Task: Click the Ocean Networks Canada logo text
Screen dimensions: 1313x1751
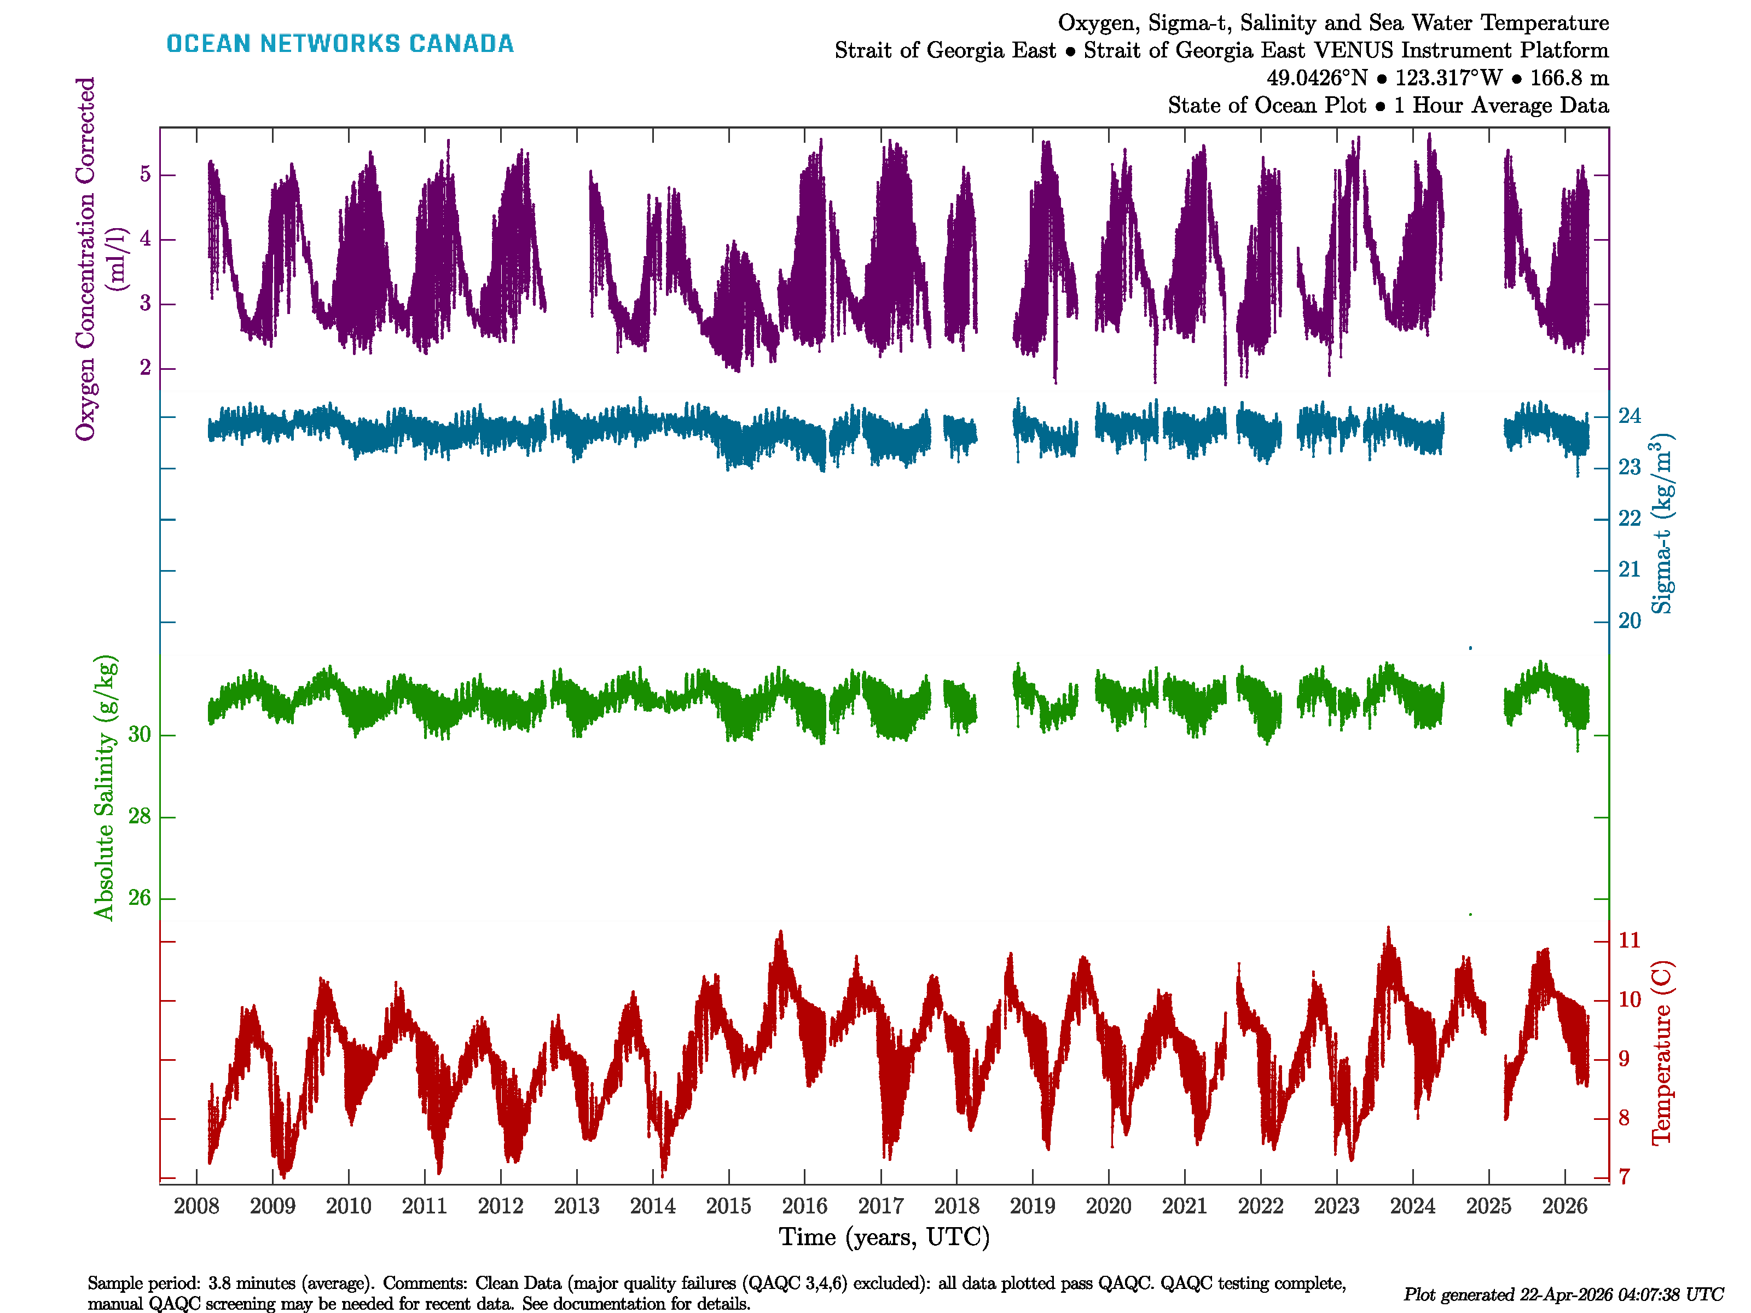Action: pos(340,44)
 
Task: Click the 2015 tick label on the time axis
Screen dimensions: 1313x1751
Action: pos(728,1206)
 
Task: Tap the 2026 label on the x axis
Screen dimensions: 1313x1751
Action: pos(1564,1206)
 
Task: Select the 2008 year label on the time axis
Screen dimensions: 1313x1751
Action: pos(196,1206)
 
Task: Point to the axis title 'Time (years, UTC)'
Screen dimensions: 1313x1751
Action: pos(884,1237)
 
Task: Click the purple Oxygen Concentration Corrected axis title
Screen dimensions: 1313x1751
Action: pos(85,259)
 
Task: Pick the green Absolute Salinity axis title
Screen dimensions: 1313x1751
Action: pos(105,787)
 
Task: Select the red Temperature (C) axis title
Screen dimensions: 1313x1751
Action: pos(1661,1053)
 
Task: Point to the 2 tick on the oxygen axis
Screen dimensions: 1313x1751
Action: pos(145,368)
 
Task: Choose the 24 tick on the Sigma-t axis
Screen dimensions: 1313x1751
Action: pos(1629,415)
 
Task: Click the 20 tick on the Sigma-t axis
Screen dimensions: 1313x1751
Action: pos(1629,620)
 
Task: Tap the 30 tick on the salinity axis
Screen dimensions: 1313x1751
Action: pos(140,734)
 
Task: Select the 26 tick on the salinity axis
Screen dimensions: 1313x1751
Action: pos(140,898)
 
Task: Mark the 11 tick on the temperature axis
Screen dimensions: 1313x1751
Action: pos(1629,940)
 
